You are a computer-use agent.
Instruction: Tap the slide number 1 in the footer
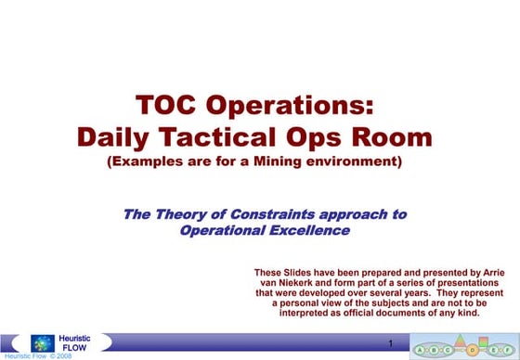click(392, 344)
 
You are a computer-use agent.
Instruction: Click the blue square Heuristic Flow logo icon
click(42, 342)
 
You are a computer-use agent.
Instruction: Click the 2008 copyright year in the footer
click(61, 355)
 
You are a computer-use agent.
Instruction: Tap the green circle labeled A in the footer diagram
click(420, 349)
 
